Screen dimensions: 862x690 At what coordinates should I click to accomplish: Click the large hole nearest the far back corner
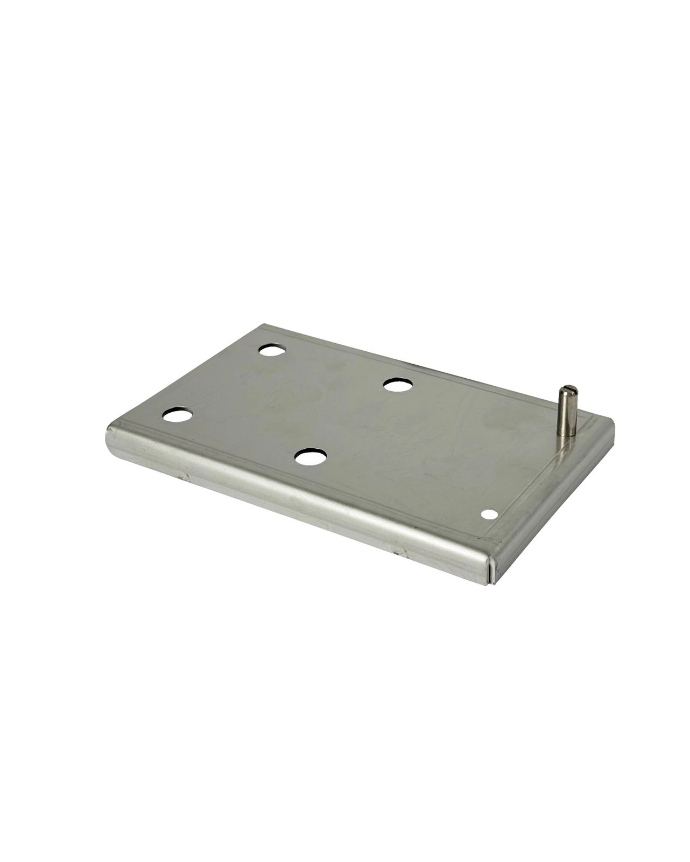(272, 350)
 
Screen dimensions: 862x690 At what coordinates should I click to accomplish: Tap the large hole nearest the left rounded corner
(178, 415)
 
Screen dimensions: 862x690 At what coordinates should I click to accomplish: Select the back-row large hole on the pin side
(397, 385)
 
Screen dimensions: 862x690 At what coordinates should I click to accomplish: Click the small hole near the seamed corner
(490, 514)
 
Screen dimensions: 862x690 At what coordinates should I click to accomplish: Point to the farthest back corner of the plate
(264, 325)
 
